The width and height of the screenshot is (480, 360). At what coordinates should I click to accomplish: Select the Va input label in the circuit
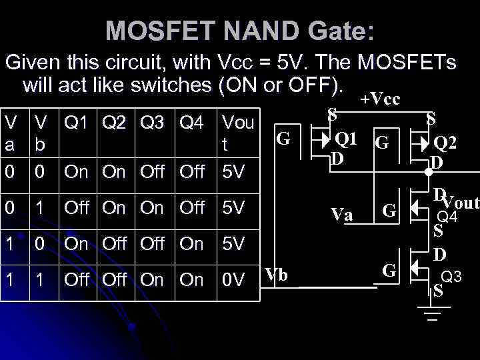[342, 215]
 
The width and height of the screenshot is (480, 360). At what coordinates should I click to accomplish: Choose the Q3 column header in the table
[152, 123]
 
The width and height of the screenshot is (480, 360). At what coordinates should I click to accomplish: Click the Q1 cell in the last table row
[76, 280]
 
